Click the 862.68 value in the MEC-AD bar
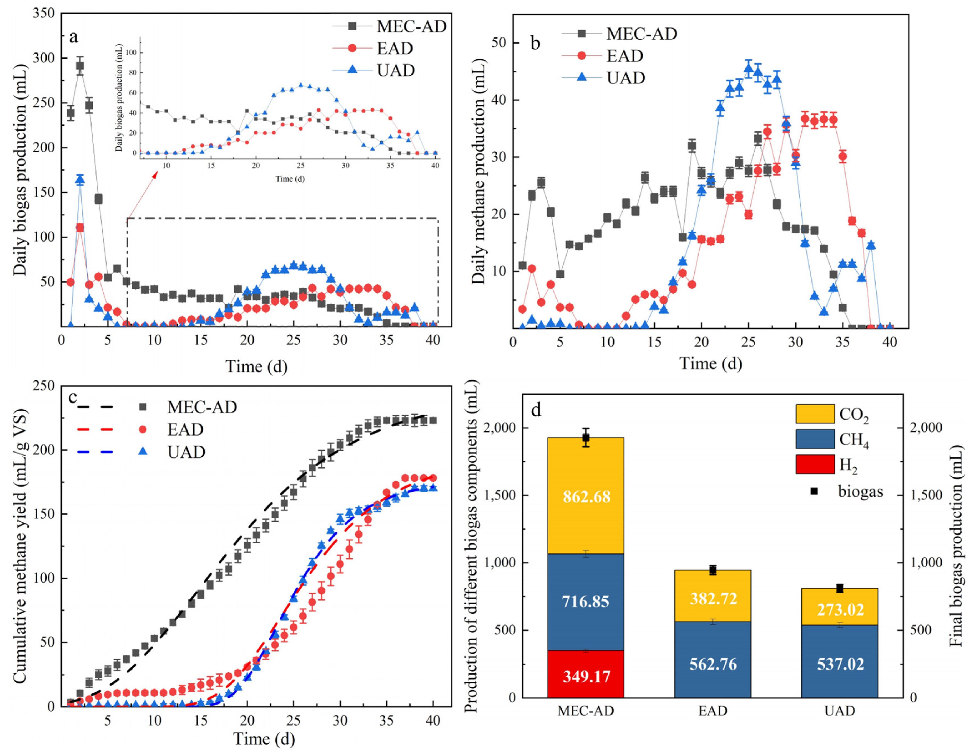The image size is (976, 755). click(x=586, y=497)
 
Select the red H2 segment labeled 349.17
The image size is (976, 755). click(x=586, y=676)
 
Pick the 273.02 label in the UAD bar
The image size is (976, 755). click(x=840, y=609)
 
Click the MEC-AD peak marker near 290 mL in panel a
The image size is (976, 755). click(x=80, y=66)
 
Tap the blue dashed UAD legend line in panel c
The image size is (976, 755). click(x=96, y=452)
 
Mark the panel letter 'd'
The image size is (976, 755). click(x=535, y=409)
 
